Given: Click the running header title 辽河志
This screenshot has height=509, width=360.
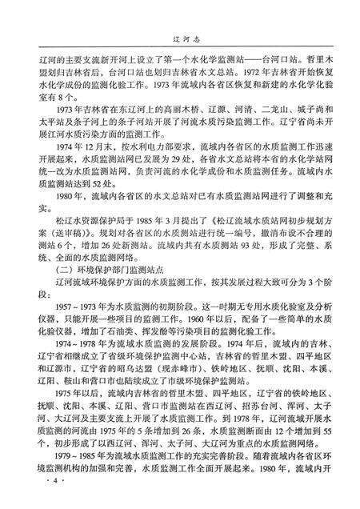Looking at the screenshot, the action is click(182, 35).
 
